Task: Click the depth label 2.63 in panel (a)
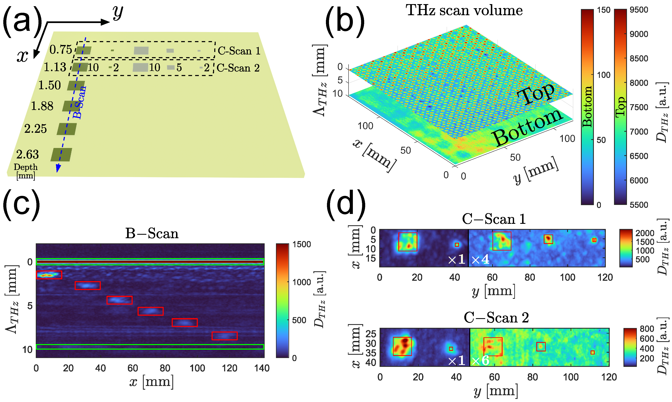[27, 154]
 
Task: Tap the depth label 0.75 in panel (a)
[61, 50]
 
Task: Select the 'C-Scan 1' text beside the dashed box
[239, 51]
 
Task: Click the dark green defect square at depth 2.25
[67, 129]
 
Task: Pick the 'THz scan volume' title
[464, 11]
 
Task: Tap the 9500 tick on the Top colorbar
[639, 10]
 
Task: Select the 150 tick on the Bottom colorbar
[604, 10]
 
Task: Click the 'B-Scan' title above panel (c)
[152, 233]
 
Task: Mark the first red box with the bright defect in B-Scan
[49, 275]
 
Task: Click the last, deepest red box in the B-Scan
[224, 336]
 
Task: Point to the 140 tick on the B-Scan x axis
[262, 368]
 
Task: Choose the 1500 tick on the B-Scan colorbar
[301, 244]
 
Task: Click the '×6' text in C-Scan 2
[480, 360]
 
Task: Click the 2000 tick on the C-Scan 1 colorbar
[645, 233]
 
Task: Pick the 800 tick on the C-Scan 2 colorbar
[647, 329]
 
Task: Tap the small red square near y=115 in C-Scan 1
[594, 240]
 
